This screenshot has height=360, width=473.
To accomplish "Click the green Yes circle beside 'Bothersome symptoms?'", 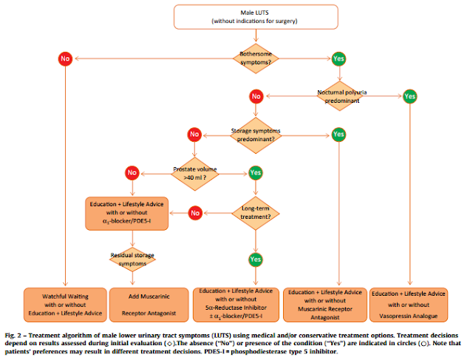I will (x=338, y=57).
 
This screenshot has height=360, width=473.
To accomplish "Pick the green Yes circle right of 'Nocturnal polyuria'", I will (x=411, y=95).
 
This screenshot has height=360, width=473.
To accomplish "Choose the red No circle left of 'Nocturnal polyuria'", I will (x=255, y=96).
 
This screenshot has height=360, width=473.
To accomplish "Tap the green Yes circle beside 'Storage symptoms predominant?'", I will (x=338, y=135).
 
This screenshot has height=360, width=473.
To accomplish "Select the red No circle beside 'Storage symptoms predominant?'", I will (x=194, y=135).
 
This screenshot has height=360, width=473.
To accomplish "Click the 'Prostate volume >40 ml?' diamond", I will (x=194, y=173).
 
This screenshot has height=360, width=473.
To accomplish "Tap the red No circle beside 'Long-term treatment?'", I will (x=194, y=213).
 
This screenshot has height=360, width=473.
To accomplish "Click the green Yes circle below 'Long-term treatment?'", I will (x=255, y=259).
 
